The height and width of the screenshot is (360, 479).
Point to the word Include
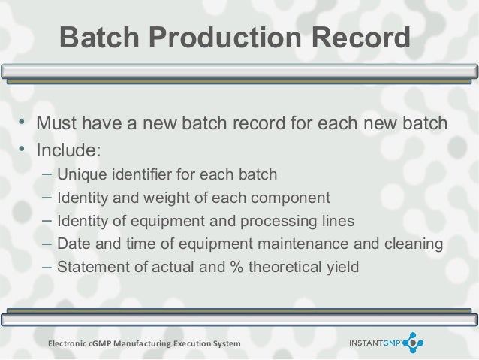[x=68, y=147]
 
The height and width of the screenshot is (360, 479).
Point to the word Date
[x=73, y=244]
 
